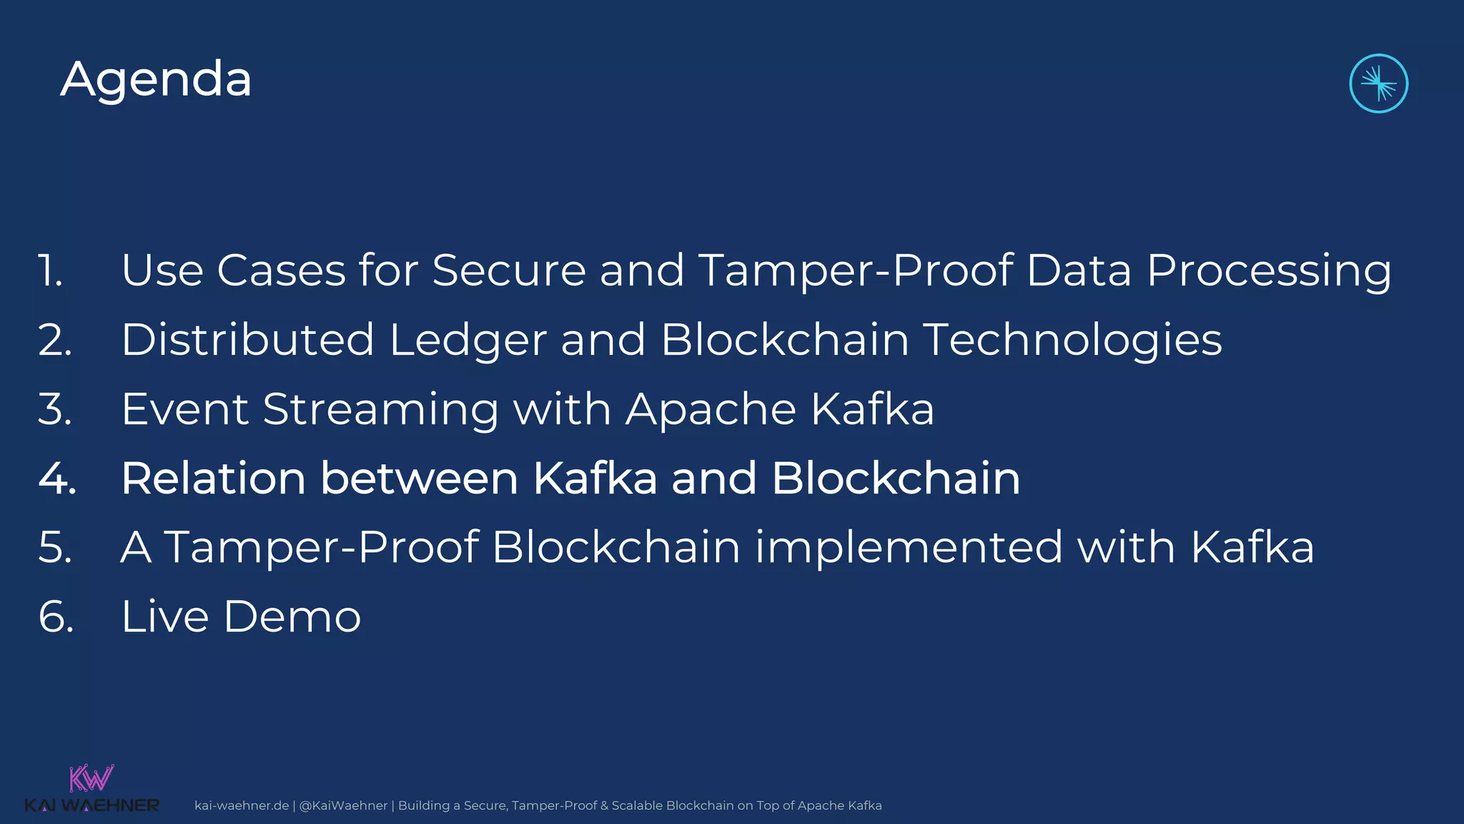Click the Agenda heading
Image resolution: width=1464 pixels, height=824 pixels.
click(x=156, y=79)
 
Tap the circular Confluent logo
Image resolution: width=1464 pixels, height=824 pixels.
click(x=1378, y=84)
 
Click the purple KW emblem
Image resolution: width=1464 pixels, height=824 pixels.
click(x=91, y=778)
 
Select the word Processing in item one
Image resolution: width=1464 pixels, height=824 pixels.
click(x=1269, y=271)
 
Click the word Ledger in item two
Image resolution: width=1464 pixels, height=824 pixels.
click(x=468, y=340)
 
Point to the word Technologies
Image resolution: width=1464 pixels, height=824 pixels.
click(x=1072, y=340)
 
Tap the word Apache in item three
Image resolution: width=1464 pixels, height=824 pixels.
click(x=711, y=409)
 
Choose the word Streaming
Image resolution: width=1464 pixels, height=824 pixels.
click(x=380, y=409)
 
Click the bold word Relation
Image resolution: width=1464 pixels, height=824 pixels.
click(x=212, y=478)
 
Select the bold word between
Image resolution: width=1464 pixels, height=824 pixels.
click(x=419, y=478)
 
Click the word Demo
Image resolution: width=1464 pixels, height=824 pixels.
click(x=292, y=617)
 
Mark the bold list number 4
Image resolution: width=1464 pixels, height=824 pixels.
click(x=56, y=478)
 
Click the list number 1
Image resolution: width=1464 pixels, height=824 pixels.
click(x=50, y=271)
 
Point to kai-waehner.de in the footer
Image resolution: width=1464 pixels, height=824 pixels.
click(x=241, y=805)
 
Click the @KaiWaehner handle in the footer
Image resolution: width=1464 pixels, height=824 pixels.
click(x=343, y=805)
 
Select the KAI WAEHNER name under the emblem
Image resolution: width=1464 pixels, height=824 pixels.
click(x=91, y=806)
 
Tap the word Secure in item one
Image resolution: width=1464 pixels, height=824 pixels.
click(x=509, y=271)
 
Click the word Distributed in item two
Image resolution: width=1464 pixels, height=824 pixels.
click(x=247, y=340)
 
